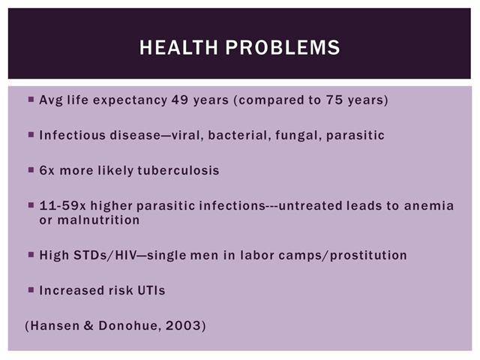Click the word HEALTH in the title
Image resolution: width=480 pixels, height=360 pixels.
178,47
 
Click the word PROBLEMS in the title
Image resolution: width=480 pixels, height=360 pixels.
283,47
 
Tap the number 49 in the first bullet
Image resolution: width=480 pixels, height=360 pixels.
180,100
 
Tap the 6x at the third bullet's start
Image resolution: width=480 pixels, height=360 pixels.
46,170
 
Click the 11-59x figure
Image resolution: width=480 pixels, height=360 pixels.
63,205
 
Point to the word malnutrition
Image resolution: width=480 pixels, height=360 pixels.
98,220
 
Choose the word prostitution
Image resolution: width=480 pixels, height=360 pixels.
368,256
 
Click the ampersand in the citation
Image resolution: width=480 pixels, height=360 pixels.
88,325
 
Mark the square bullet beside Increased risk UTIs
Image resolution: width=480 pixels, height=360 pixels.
31,289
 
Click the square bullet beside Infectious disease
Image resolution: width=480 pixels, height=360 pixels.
31,134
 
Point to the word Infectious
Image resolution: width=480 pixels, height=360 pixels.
72,135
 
